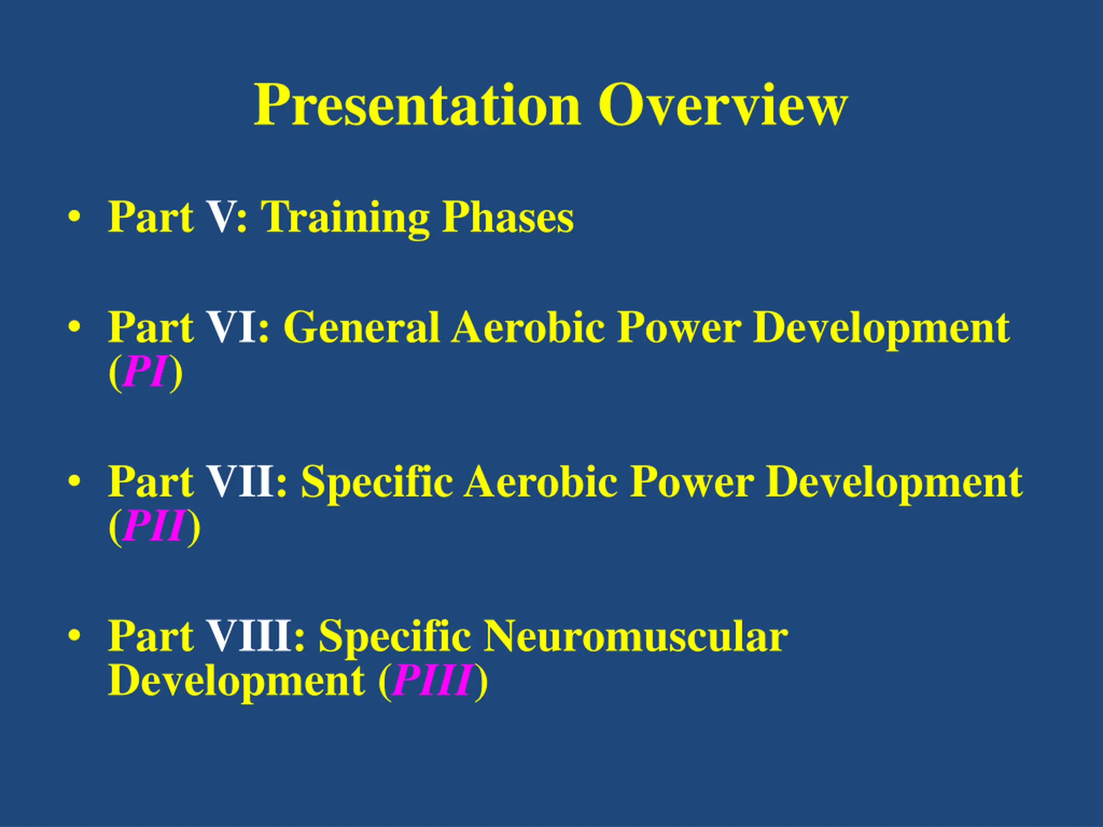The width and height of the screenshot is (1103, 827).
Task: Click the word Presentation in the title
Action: pos(418,105)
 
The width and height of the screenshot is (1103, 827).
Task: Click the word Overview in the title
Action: pos(723,105)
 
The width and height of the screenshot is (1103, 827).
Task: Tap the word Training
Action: pos(345,219)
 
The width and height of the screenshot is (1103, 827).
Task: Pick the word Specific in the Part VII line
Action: pos(377,484)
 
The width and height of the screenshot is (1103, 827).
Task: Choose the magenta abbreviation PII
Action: pos(153,526)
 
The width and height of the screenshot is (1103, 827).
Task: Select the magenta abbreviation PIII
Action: pos(432,681)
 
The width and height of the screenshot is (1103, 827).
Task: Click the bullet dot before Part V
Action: pos(74,218)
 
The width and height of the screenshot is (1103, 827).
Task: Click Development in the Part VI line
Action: pos(882,330)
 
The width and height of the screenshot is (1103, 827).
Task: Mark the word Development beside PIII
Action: pos(237,683)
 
